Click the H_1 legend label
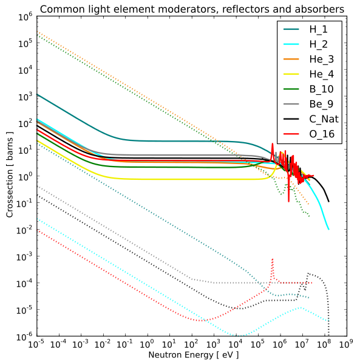click(318, 29)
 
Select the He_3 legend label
click(322, 59)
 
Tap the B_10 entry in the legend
click(321, 89)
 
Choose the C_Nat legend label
click(324, 119)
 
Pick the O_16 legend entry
click(322, 134)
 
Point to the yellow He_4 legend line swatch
click(291, 74)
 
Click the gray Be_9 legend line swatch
click(291, 104)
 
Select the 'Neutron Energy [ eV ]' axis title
click(194, 355)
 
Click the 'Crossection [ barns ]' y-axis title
click(10, 174)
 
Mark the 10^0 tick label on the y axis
click(25, 176)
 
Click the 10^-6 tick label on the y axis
click(24, 336)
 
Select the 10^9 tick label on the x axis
click(346, 344)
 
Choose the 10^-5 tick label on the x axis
click(36, 344)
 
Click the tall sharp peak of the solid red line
click(273, 143)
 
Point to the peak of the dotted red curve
click(273, 259)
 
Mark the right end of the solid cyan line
click(328, 229)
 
